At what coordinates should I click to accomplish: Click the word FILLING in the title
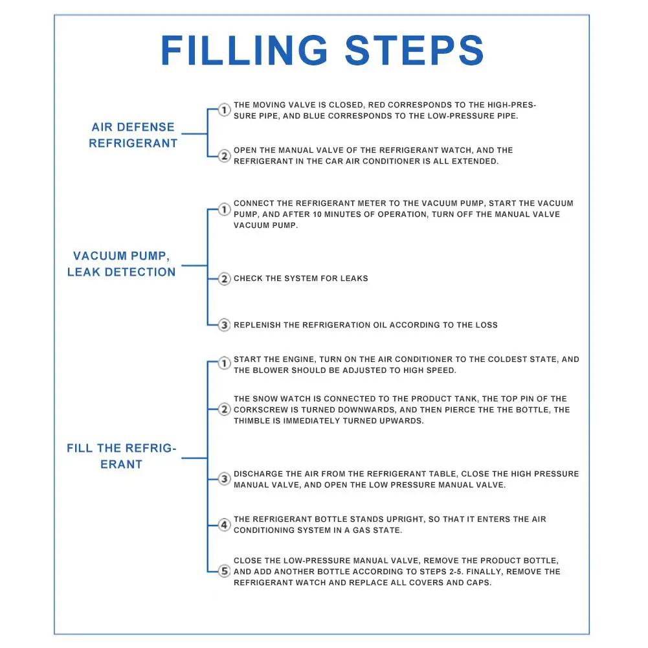click(x=245, y=50)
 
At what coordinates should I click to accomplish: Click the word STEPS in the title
click(x=415, y=50)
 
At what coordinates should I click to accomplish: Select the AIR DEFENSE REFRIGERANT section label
click(x=133, y=135)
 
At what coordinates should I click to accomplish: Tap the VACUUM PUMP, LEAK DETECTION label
click(x=121, y=264)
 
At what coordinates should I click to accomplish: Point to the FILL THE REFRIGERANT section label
click(x=121, y=456)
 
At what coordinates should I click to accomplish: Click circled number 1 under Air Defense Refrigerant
click(x=224, y=110)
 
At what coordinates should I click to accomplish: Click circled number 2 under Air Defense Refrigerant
click(x=224, y=156)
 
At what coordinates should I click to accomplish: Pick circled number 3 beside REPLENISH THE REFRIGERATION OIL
click(x=224, y=325)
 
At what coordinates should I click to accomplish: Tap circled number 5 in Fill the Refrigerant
click(x=224, y=572)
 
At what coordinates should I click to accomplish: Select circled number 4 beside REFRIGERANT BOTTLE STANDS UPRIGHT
click(x=224, y=525)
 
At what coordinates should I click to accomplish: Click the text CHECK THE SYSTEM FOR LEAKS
click(x=300, y=279)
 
